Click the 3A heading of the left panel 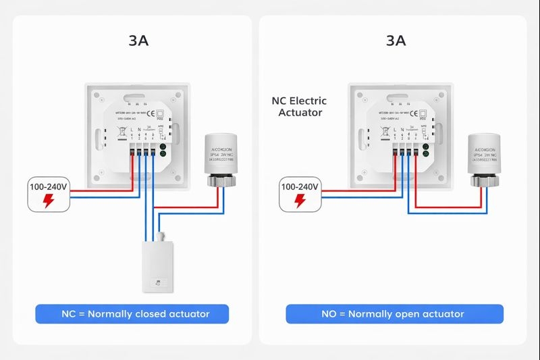coord(138,41)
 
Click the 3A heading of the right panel coord(396,41)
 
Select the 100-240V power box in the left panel coord(49,194)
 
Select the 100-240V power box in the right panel coord(300,194)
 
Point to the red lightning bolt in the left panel coord(49,201)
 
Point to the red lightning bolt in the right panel coord(300,201)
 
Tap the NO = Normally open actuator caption coord(394,313)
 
